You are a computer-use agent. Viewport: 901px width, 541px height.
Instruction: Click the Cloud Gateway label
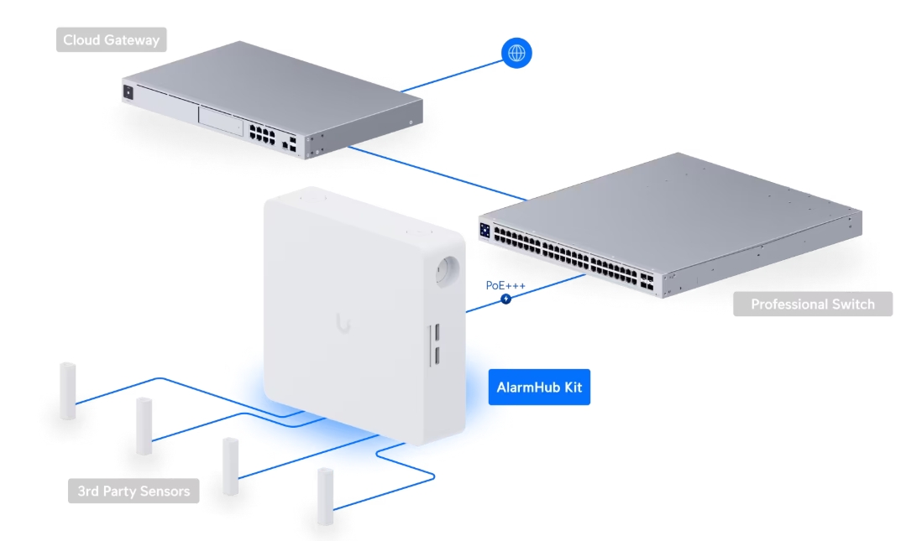(112, 39)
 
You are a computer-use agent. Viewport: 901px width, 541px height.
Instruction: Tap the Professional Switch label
(812, 304)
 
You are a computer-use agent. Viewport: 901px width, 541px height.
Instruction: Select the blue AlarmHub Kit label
(539, 388)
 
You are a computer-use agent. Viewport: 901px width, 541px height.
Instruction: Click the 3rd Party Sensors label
(134, 491)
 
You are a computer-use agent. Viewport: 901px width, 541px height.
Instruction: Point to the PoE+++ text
(506, 285)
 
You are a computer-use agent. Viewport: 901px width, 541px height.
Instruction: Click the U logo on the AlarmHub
(343, 322)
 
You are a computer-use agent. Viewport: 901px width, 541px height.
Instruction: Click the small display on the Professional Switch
(485, 230)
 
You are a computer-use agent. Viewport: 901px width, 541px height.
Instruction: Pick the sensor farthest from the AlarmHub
(67, 391)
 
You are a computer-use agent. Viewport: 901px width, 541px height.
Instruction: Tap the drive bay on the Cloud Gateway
(219, 118)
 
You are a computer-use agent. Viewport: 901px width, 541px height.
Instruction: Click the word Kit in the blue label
(571, 388)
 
